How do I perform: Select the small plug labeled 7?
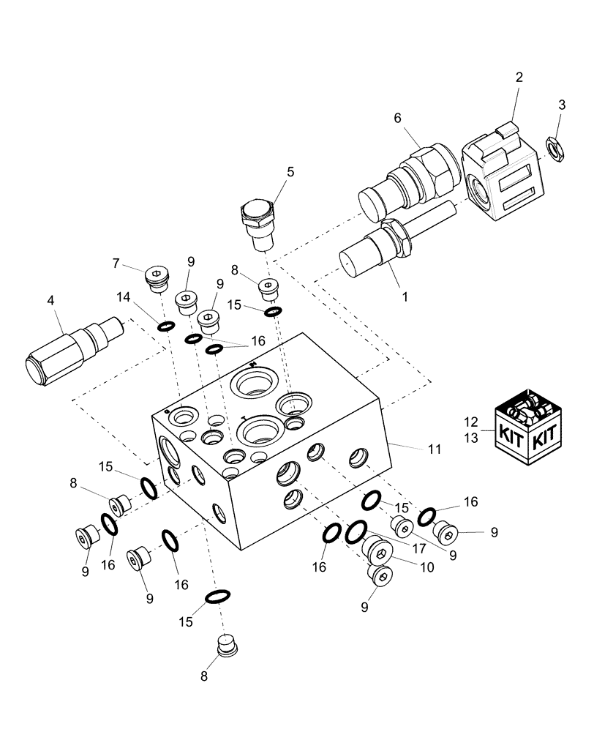158,278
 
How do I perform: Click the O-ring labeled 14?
166,325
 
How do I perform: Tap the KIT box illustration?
529,427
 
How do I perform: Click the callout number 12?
470,422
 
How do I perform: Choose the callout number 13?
470,437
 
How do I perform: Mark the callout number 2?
519,78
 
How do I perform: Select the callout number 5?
290,171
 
